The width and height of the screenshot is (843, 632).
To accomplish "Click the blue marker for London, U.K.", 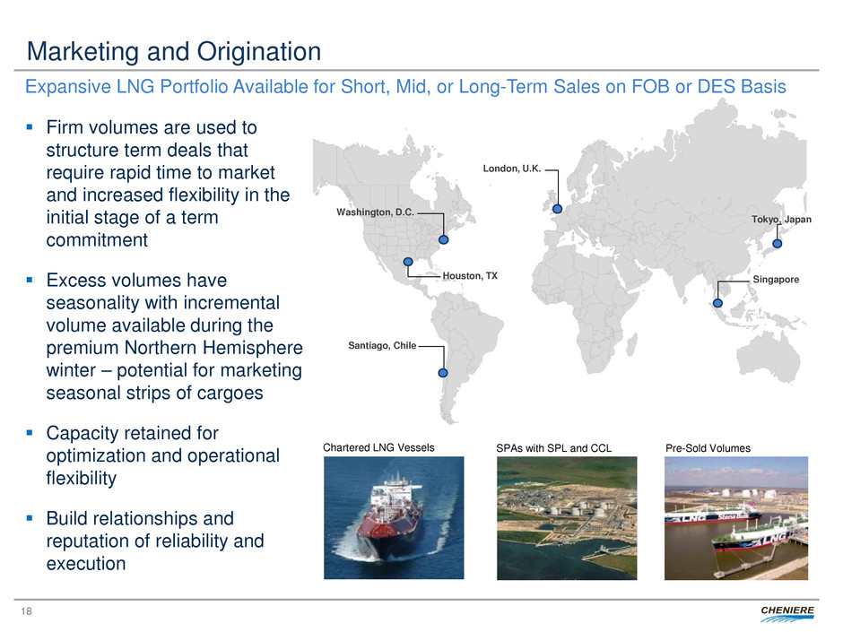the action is point(558,209).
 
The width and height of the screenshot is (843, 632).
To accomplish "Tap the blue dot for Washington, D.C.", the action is point(444,239).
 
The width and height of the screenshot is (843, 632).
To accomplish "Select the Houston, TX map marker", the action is point(408,262).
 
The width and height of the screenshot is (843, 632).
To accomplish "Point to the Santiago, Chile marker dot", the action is point(443,372).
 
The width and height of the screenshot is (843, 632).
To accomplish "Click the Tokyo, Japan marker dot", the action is point(777,244).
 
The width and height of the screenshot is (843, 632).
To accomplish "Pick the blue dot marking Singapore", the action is point(717,303).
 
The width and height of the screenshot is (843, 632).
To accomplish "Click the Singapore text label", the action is point(776,280).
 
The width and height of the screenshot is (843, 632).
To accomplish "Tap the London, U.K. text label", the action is point(512,169).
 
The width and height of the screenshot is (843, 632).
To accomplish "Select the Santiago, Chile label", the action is point(382,345).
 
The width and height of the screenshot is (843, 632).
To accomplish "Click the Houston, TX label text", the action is point(470,276).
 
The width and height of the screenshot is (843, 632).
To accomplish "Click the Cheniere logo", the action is point(787,613).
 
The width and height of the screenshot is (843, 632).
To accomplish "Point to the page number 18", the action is point(26,611).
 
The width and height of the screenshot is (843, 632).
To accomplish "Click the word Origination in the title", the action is point(259,52).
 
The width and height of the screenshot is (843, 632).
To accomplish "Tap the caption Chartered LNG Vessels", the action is point(378,447).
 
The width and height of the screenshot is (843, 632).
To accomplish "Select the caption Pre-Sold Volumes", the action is point(708,448).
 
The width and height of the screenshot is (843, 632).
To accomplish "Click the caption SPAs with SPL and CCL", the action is point(553,448).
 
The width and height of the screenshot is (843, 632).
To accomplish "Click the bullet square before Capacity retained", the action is point(30,433).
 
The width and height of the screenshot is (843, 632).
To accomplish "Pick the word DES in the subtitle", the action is point(716,87).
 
